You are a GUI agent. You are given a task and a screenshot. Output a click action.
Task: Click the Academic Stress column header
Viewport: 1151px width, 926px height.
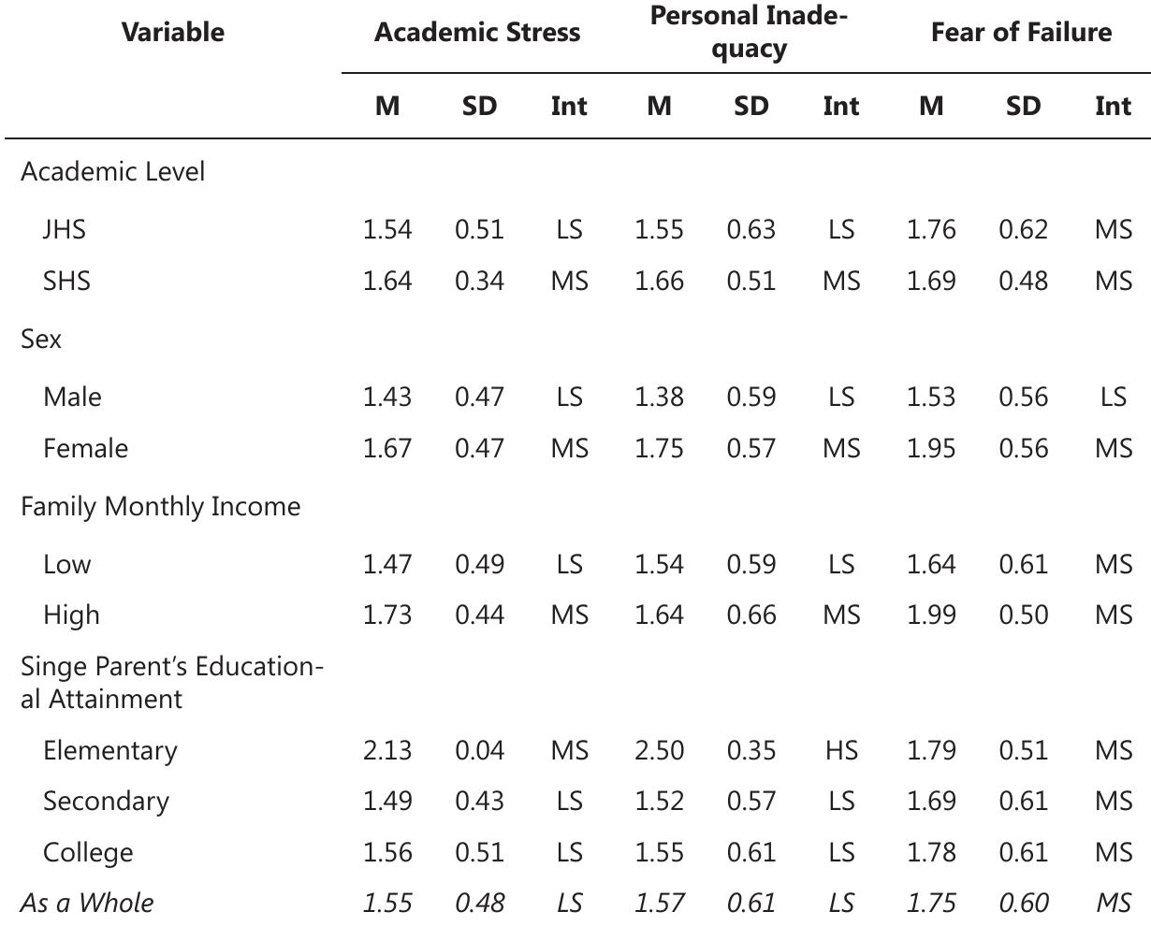477,33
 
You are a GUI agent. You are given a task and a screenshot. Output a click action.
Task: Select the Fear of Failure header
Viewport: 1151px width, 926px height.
1021,33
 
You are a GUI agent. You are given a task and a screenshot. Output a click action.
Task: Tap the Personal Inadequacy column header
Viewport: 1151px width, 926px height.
749,33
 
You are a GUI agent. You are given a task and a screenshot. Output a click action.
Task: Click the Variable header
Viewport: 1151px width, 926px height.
173,33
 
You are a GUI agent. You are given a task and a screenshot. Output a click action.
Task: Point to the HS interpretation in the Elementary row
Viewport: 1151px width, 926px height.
840,750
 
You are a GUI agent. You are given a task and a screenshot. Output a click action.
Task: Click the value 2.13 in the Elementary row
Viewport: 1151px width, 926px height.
386,750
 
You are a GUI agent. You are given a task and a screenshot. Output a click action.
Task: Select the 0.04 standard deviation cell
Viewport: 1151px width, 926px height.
479,750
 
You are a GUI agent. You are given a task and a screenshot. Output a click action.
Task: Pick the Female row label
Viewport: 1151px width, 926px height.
85,448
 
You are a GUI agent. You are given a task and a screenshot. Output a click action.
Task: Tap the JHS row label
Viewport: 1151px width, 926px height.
64,229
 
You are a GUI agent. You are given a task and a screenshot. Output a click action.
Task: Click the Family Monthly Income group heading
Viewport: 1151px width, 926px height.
161,506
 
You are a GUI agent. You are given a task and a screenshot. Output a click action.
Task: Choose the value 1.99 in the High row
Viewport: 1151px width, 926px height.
931,615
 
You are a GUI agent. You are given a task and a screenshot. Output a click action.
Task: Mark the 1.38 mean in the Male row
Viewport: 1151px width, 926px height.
659,397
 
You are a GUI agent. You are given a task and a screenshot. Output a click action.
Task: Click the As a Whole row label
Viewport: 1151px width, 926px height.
87,903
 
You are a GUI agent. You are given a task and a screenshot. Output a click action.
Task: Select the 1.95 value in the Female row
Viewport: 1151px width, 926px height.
931,448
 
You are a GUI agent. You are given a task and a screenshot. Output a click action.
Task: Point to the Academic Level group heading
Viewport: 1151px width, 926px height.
112,171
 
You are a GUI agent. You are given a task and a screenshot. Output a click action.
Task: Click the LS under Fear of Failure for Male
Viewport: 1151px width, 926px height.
1113,397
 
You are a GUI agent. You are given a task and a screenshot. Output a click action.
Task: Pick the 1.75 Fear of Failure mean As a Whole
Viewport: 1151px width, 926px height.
931,903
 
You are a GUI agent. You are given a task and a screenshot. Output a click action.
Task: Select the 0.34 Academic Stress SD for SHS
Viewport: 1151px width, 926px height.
479,281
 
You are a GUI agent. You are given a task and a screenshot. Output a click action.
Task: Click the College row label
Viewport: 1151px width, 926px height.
88,852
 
